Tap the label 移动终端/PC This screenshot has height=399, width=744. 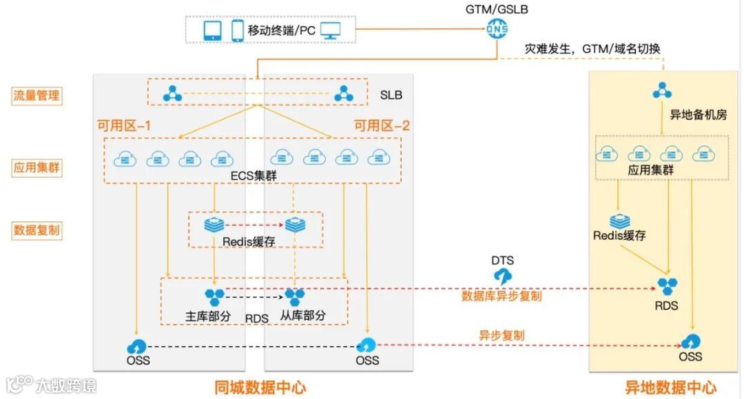click(282, 30)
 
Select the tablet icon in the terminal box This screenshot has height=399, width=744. click(212, 30)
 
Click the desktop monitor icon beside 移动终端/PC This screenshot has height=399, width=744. click(331, 30)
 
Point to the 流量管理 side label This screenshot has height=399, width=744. click(37, 95)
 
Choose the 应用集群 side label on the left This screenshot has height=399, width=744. click(37, 167)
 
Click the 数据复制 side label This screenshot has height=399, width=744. click(37, 230)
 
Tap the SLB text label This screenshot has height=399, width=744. click(391, 95)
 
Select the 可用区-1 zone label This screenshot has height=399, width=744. click(125, 125)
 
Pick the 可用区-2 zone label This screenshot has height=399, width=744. click(382, 125)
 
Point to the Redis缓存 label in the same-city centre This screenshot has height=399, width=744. click(249, 242)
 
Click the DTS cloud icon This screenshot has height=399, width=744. click(503, 276)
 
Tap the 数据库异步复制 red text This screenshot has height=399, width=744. click(502, 296)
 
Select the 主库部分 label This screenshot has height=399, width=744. click(211, 316)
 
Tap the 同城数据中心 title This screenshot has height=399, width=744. click(260, 387)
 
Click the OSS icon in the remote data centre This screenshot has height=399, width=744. click(690, 341)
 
